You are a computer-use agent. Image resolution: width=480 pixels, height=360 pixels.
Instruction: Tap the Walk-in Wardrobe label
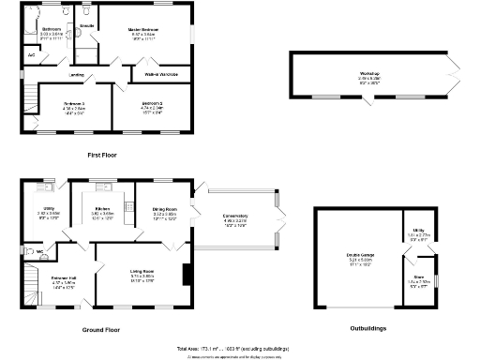click(x=161, y=72)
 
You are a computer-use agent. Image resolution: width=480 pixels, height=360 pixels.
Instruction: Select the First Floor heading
click(x=104, y=153)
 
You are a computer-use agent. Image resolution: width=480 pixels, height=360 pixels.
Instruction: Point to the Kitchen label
click(x=103, y=209)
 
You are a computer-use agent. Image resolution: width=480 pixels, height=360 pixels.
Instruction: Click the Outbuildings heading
click(x=365, y=329)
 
